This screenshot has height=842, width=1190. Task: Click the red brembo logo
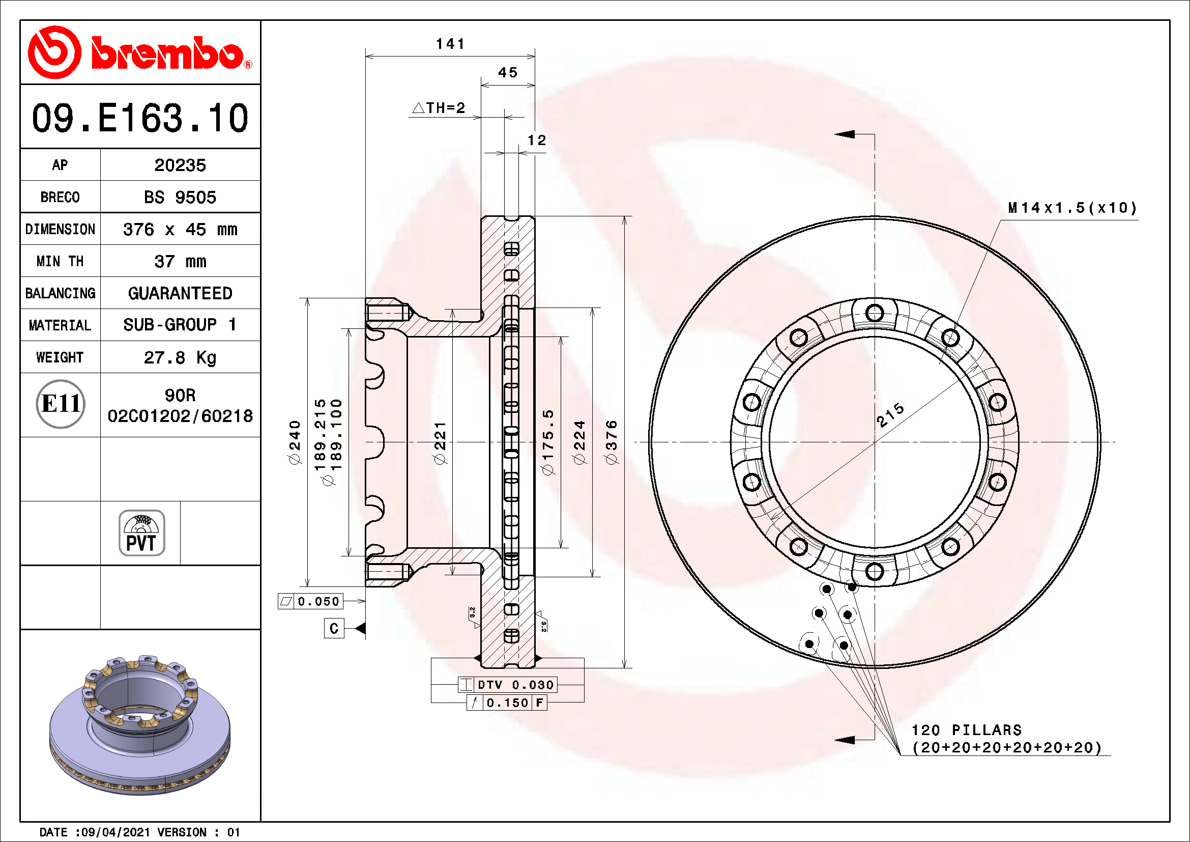(140, 52)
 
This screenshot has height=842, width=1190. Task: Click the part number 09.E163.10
(140, 118)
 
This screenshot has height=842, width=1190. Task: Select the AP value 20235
(180, 165)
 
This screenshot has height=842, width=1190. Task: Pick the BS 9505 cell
(180, 198)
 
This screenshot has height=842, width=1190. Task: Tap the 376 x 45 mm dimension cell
(180, 230)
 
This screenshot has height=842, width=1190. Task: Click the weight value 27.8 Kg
(180, 358)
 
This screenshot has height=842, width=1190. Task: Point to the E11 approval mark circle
(61, 404)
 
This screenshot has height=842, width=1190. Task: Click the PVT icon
(141, 533)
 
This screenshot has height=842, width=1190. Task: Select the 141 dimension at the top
(450, 44)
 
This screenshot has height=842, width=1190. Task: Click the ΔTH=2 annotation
(439, 108)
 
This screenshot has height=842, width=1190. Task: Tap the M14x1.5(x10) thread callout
(1072, 208)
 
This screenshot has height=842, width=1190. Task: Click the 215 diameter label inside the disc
(890, 415)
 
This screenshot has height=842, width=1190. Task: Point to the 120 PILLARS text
(967, 730)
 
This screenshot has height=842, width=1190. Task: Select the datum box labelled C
(334, 628)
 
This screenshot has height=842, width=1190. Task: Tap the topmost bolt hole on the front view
(875, 313)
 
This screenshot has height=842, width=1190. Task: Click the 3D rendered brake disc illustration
(140, 726)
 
